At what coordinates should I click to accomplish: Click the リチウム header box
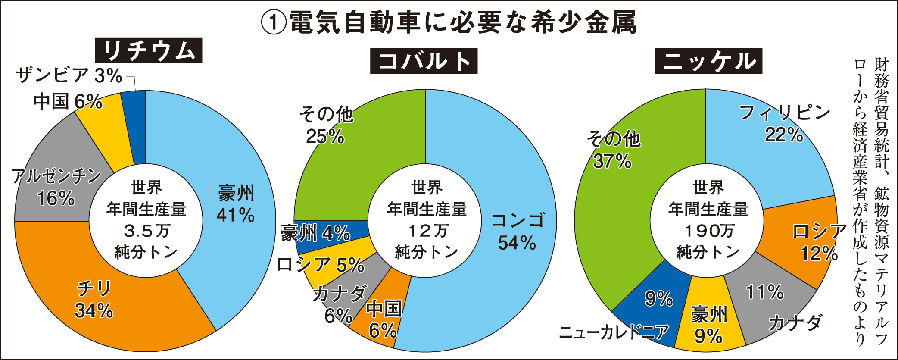[x=148, y=50]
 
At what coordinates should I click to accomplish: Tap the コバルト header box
[x=424, y=61]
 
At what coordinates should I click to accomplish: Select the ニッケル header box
[x=708, y=61]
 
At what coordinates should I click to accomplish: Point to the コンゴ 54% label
[x=518, y=232]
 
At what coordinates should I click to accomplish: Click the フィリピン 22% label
[x=784, y=124]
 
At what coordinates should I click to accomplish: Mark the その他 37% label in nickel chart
[x=614, y=150]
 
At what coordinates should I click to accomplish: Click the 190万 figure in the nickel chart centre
[x=708, y=231]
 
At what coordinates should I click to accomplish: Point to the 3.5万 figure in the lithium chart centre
[x=147, y=231]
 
